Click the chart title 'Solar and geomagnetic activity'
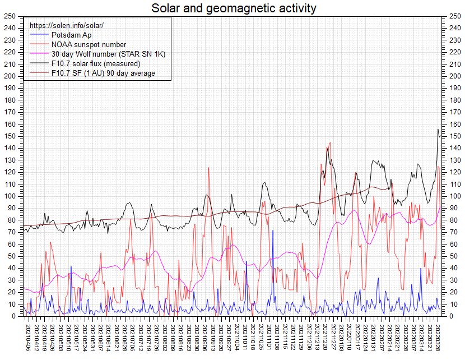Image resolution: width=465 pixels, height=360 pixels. pyautogui.click(x=234, y=8)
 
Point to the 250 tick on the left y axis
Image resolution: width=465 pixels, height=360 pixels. pyautogui.click(x=9, y=16)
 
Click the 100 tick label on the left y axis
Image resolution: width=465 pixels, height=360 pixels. pyautogui.click(x=9, y=196)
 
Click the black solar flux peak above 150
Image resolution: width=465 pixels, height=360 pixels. pyautogui.click(x=438, y=130)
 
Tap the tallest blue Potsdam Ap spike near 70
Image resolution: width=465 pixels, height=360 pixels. pyautogui.click(x=273, y=230)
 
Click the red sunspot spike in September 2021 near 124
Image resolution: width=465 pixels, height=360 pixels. pyautogui.click(x=209, y=168)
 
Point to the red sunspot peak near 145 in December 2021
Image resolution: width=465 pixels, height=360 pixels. pyautogui.click(x=330, y=142)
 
